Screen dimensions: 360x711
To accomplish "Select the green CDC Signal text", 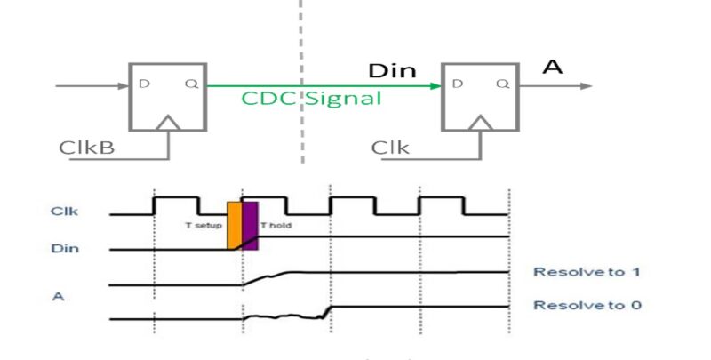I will click(311, 98).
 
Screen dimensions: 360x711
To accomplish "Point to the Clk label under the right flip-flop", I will click(390, 147).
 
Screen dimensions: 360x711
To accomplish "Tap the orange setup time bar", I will click(234, 224).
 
